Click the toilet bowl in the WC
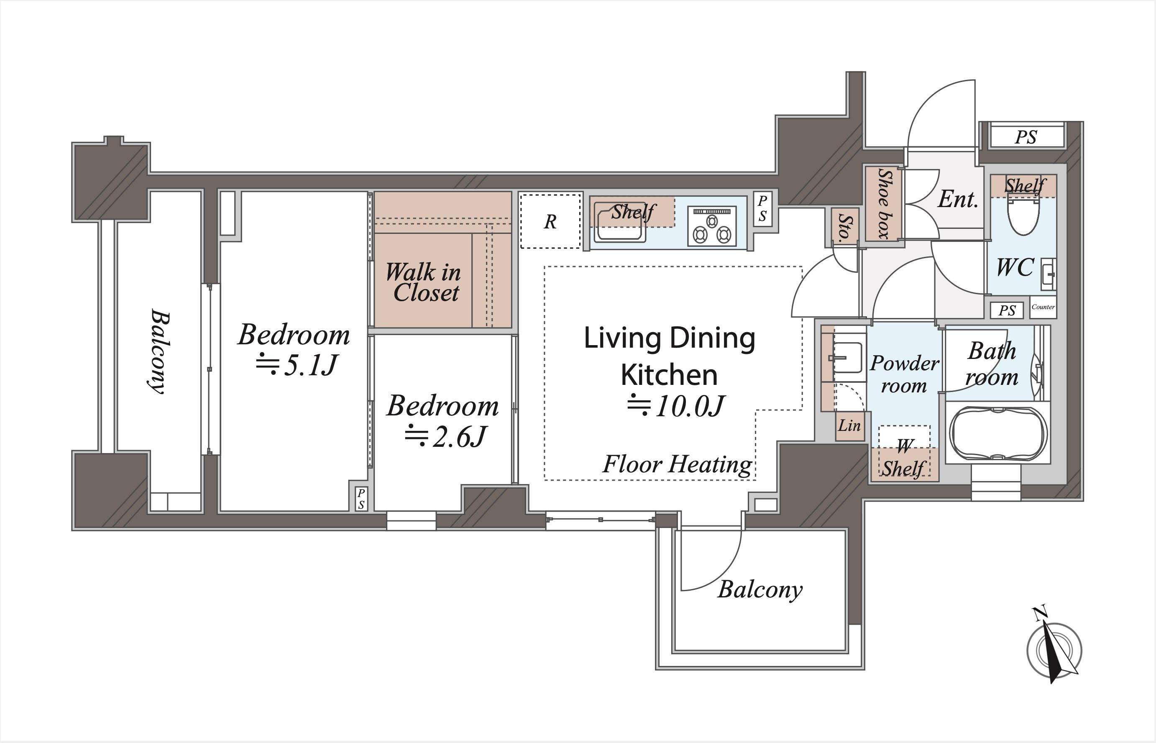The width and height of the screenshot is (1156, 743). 1023,217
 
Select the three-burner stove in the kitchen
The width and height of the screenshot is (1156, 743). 712,226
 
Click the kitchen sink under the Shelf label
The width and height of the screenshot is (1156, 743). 620,222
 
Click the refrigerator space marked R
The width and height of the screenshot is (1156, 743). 550,221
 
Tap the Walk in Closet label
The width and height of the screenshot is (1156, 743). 423,282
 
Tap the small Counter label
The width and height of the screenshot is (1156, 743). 1043,307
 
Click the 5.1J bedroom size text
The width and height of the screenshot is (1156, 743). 297,365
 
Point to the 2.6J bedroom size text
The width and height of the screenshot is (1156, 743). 445,437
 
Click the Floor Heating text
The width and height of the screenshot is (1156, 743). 677,464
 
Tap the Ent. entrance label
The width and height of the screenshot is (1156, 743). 958,199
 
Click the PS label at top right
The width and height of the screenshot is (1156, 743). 1026,137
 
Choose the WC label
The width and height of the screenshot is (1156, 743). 1015,267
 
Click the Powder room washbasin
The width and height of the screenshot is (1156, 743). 847,358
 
